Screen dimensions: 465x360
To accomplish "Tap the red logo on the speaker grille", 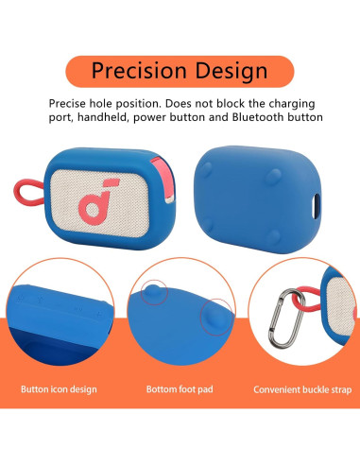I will click(93, 202).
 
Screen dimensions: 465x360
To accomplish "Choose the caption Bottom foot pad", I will click(180, 388).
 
